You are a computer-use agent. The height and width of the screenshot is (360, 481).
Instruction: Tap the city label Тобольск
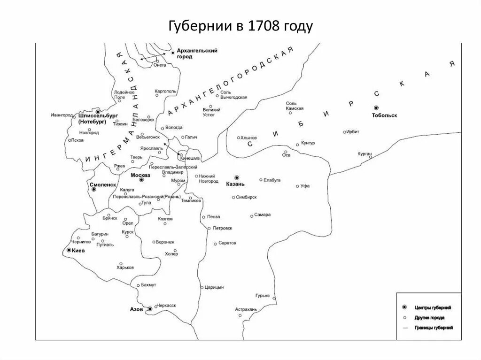point(384,115)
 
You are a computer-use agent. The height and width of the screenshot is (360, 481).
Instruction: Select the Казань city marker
point(237,177)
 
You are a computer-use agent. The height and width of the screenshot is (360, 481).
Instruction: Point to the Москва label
point(140,175)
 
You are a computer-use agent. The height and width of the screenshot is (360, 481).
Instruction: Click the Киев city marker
point(69,251)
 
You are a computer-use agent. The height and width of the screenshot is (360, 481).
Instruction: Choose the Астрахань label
point(246,310)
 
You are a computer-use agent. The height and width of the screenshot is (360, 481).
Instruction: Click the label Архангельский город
point(197,54)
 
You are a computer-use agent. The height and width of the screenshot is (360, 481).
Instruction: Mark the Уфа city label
point(305,186)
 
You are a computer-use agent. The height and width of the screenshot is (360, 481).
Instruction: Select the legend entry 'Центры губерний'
point(433,308)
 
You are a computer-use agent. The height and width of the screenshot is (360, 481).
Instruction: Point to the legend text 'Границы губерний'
point(434,328)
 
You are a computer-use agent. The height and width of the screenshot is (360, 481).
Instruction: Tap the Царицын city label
point(214,287)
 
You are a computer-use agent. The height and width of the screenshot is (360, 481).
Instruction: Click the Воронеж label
point(165,242)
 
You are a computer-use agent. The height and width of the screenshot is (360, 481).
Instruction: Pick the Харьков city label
point(125,267)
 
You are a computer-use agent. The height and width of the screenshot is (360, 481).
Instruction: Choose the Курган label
point(365,153)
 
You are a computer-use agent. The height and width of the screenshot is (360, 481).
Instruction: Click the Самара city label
point(263,215)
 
